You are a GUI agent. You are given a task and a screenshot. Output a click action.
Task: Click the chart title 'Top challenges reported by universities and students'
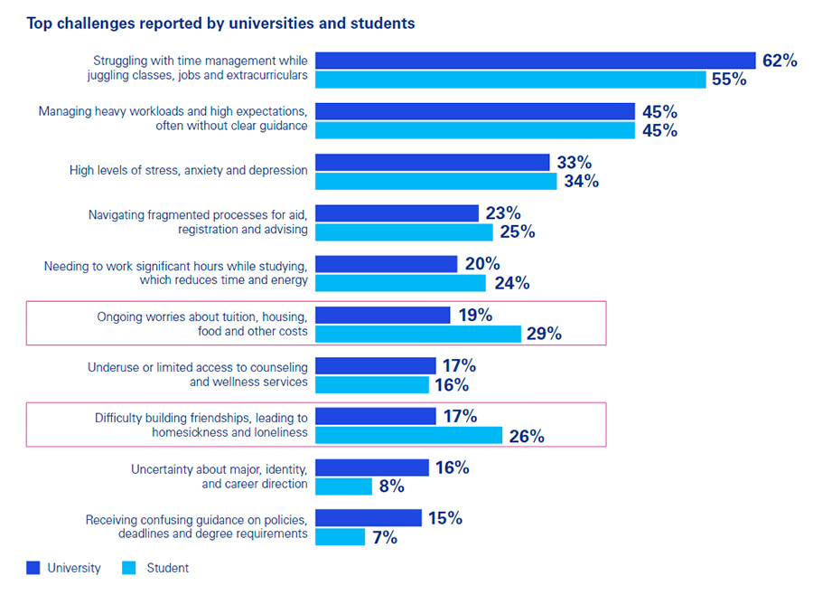(x=221, y=24)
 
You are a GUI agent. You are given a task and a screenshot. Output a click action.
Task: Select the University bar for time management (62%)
(x=536, y=61)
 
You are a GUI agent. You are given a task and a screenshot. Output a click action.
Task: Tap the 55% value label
(x=729, y=80)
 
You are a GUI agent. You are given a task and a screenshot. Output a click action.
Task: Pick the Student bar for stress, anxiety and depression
(x=436, y=181)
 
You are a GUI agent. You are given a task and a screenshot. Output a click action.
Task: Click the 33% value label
(x=575, y=163)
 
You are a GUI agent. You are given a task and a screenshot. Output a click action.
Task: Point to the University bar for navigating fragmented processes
(x=397, y=213)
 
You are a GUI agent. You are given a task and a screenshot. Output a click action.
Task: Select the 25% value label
(x=518, y=231)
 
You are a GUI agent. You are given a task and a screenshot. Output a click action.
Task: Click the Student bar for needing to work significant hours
(x=400, y=283)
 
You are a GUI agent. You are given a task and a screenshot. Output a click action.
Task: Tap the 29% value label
(x=544, y=334)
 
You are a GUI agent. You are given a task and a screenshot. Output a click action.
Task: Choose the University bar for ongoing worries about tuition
(x=383, y=316)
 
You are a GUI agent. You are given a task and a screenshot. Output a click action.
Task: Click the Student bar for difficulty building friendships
(x=408, y=435)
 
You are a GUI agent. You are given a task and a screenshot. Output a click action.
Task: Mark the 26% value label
(x=527, y=436)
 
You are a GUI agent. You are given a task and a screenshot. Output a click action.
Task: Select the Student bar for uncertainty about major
(x=343, y=486)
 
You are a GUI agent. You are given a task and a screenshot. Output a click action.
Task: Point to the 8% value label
(x=391, y=486)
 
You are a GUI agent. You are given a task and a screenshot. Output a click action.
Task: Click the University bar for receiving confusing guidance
(x=369, y=517)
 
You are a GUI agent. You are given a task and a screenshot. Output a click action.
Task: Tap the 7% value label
(x=385, y=537)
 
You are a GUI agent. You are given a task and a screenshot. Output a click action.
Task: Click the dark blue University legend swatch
(x=33, y=568)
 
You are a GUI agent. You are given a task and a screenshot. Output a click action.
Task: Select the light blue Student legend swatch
(x=128, y=568)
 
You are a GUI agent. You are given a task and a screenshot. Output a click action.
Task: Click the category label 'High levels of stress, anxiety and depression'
(x=188, y=170)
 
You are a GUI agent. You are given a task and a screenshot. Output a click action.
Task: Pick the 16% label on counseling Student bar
(x=452, y=385)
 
